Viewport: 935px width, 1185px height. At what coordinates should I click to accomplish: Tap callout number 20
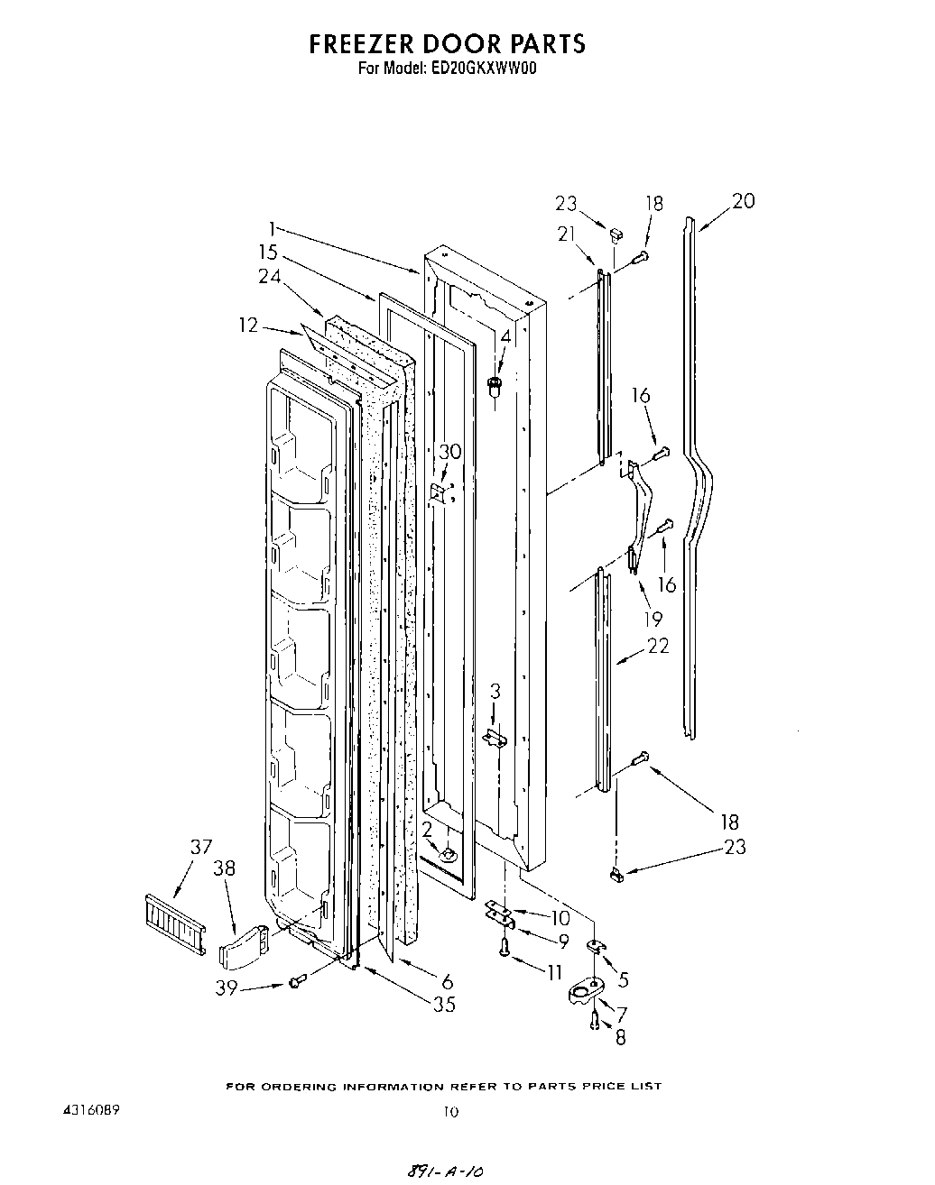(743, 201)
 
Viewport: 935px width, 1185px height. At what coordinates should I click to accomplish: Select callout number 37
(200, 846)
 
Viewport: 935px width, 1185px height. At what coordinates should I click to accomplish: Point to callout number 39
(227, 988)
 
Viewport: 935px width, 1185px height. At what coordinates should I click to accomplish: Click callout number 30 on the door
(449, 452)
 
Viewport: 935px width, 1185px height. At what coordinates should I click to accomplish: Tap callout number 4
(505, 336)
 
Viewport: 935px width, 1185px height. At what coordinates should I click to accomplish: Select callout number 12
(248, 325)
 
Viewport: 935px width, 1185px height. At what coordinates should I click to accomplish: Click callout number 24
(270, 278)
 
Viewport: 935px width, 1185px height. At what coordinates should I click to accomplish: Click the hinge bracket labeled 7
(587, 994)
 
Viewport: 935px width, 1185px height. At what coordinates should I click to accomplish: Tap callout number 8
(619, 1038)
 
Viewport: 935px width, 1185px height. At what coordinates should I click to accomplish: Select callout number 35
(444, 1004)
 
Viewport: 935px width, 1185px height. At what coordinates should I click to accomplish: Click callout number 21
(567, 234)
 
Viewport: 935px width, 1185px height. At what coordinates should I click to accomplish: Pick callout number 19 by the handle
(652, 619)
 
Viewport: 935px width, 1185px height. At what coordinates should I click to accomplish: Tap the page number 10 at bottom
(450, 1112)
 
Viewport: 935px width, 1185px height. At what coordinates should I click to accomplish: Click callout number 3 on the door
(495, 692)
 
